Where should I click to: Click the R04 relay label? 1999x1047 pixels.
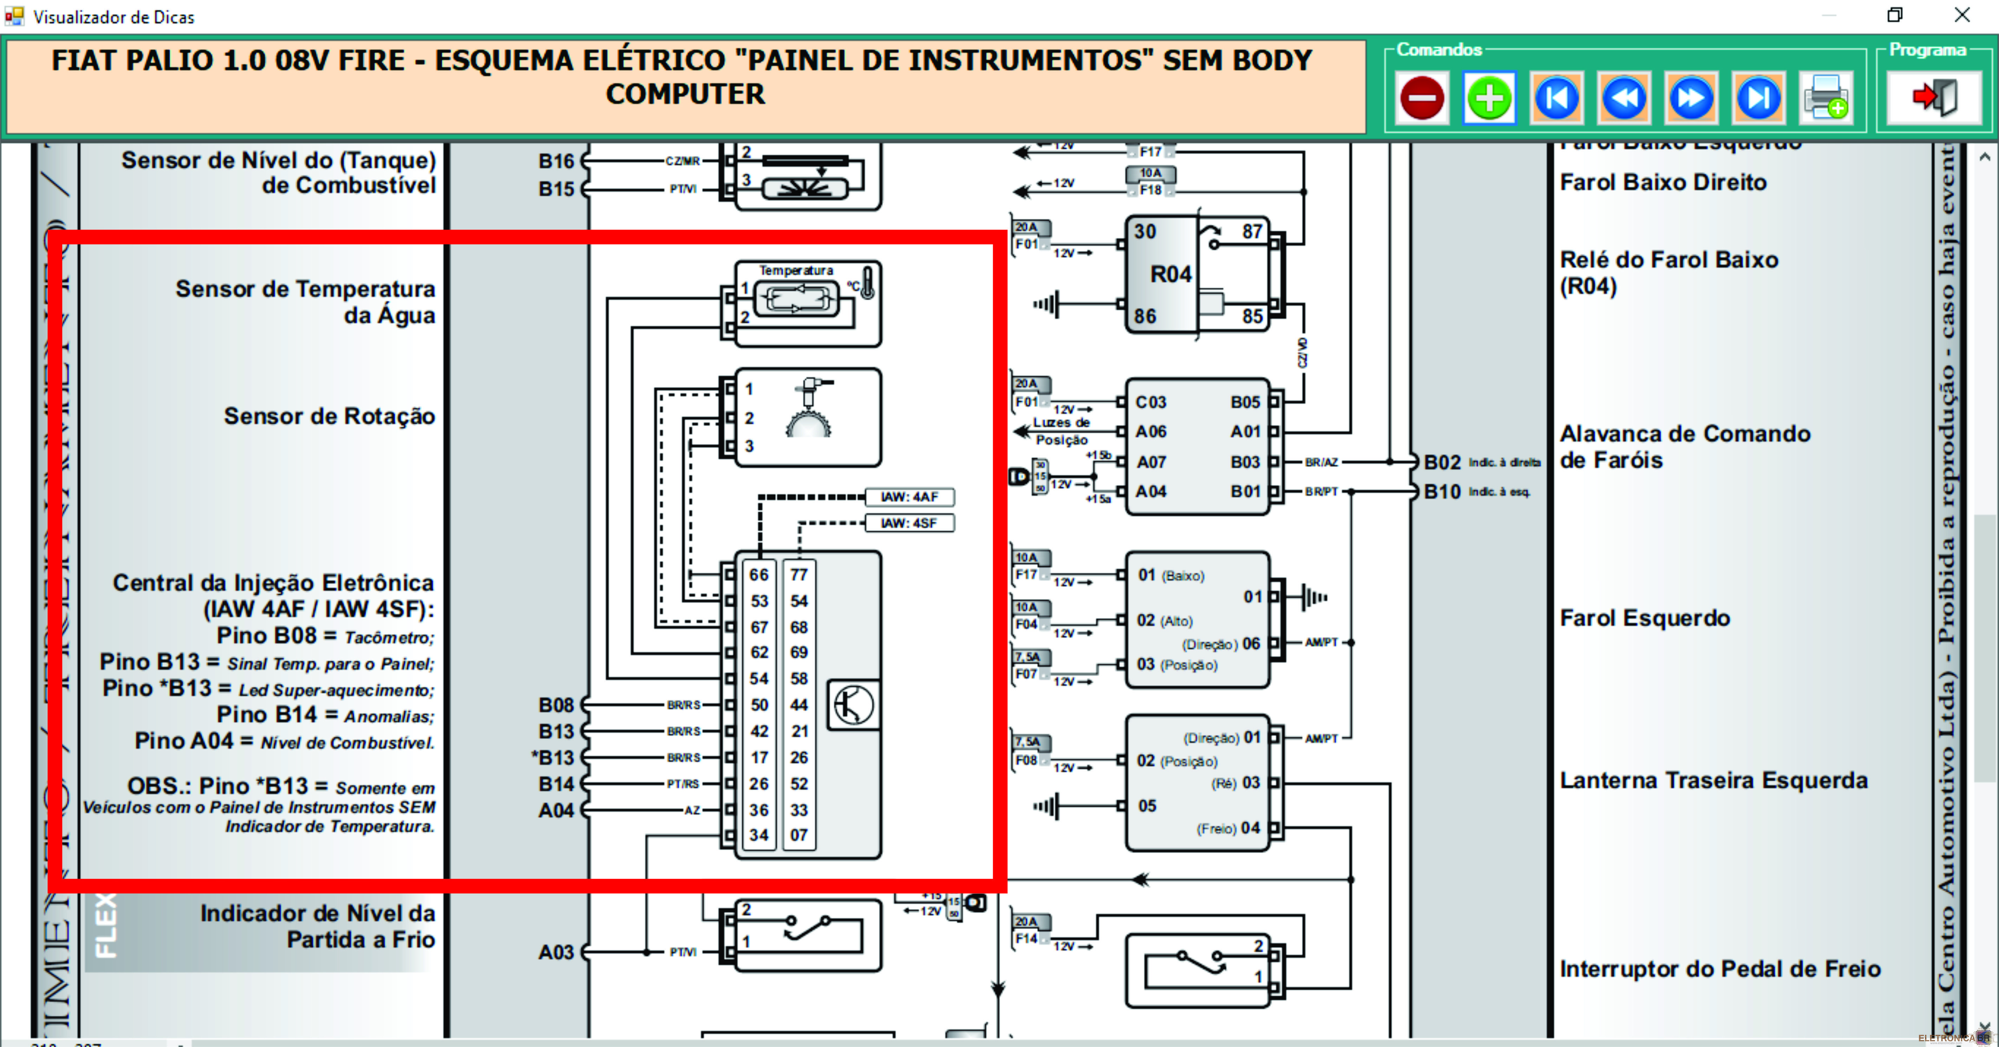click(x=1170, y=274)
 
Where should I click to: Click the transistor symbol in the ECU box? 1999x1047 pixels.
click(x=854, y=705)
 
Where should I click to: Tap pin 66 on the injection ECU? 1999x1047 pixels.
click(x=759, y=575)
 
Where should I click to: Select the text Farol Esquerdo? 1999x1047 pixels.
click(x=1645, y=618)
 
